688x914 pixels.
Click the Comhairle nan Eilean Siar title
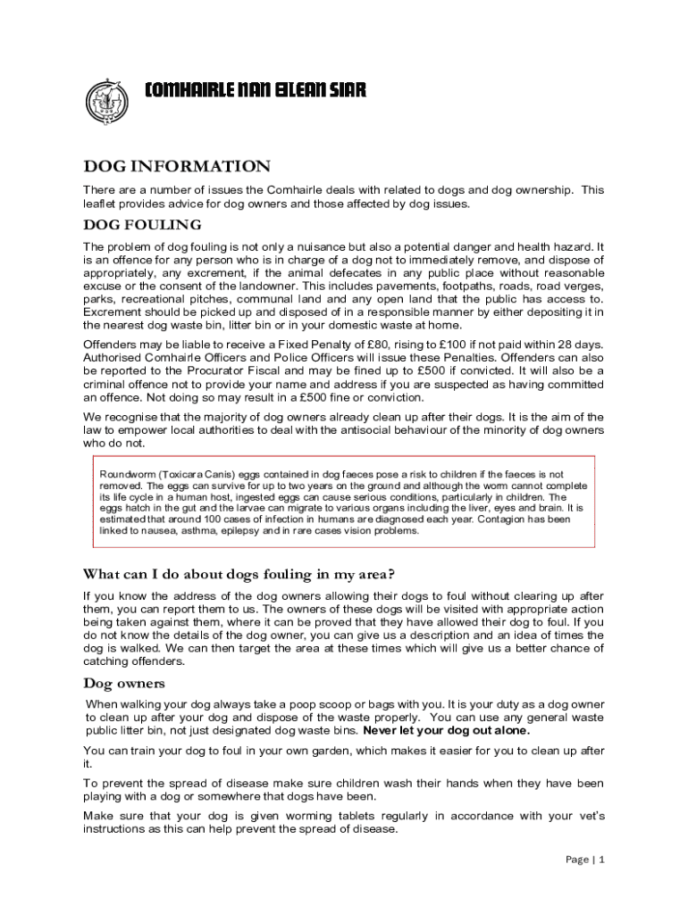[256, 90]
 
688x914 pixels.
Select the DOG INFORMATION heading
[176, 167]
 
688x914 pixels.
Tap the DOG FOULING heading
[142, 224]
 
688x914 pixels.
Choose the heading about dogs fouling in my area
[239, 574]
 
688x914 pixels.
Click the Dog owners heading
[124, 684]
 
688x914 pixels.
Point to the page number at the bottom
[585, 860]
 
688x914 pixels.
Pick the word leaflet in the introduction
[102, 204]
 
